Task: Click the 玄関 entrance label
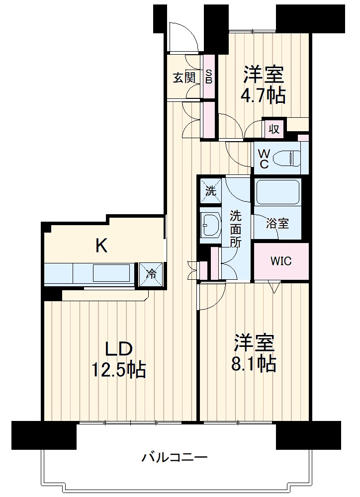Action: click(184, 78)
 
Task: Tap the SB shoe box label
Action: click(209, 77)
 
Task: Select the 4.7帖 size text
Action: click(263, 95)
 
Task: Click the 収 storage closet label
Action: click(274, 129)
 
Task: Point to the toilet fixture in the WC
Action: click(286, 158)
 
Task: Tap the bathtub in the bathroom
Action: click(278, 192)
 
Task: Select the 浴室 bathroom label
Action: click(277, 224)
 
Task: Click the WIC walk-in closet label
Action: click(281, 261)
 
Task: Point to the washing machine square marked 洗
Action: click(211, 191)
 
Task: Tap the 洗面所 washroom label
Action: click(235, 228)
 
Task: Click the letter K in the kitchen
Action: click(101, 246)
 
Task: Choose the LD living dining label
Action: click(118, 349)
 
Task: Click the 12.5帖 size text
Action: click(119, 370)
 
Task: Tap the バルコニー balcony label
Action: click(174, 457)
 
